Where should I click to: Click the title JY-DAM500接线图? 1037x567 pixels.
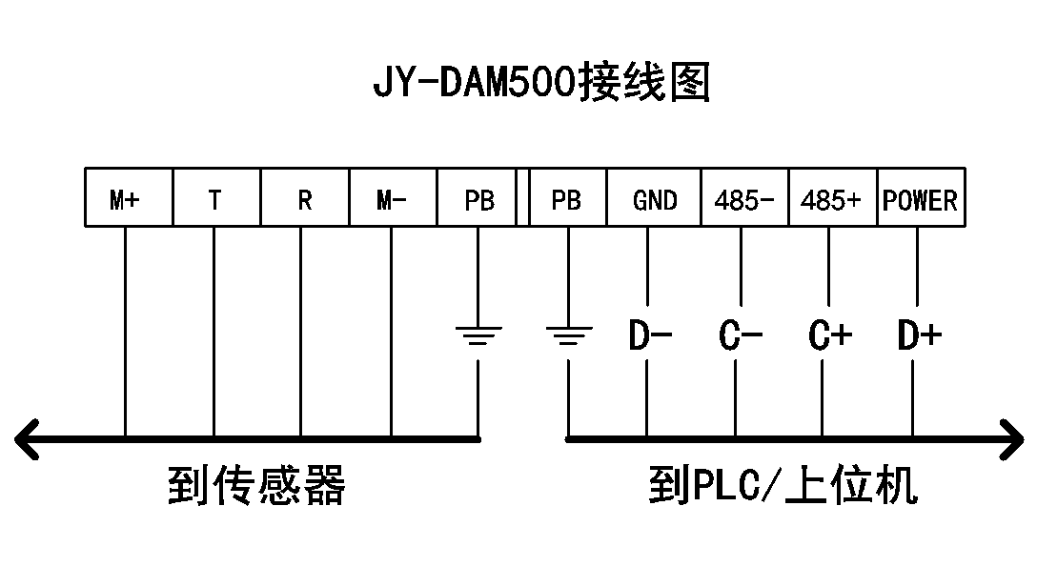click(541, 85)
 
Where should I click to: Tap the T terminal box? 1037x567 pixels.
click(216, 198)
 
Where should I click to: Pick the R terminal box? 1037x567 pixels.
click(304, 198)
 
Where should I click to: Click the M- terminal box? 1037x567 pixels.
click(392, 198)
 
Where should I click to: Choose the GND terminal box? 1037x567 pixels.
click(654, 198)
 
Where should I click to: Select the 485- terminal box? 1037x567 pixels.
click(744, 198)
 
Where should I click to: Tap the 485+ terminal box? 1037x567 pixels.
click(832, 198)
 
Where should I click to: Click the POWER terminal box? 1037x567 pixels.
click(920, 198)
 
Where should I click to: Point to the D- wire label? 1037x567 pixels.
click(651, 335)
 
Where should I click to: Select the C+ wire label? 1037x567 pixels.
click(829, 335)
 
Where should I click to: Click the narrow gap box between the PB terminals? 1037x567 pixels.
click(522, 198)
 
